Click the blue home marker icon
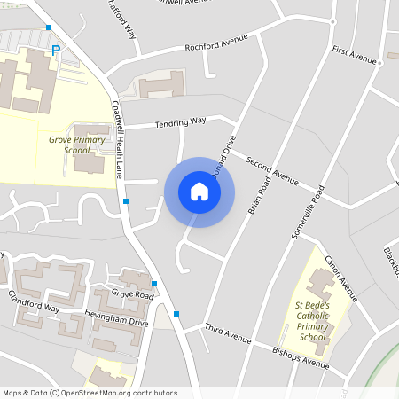(199, 192)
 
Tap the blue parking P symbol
(55, 51)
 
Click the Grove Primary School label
(76, 145)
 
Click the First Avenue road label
(355, 56)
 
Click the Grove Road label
(132, 293)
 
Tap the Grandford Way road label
(34, 301)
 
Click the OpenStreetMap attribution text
(90, 393)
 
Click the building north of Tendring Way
(160, 86)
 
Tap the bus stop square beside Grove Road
(154, 284)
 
